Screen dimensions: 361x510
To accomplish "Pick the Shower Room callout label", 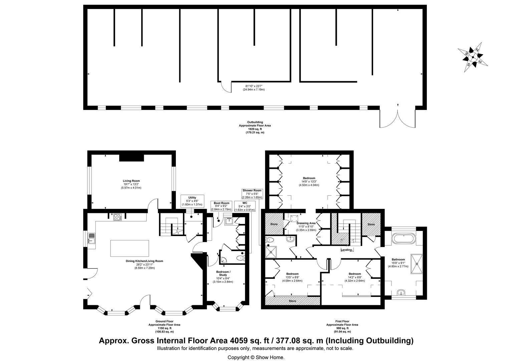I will point(252,194).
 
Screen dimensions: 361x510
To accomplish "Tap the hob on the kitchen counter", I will point(117,217).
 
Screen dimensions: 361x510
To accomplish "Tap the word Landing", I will point(346,250).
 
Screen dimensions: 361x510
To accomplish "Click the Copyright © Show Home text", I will point(256,357).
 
